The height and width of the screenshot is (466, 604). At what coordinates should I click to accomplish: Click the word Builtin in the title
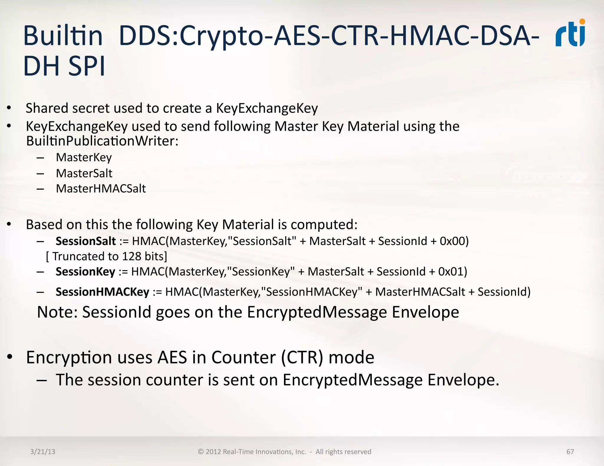[63, 36]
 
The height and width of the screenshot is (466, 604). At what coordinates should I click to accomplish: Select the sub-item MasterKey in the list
[84, 157]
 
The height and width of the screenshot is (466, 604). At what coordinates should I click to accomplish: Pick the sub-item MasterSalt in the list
[84, 173]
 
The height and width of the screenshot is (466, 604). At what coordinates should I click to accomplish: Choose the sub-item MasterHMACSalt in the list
[101, 189]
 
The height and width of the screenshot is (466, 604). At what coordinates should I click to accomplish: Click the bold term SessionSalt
[86, 241]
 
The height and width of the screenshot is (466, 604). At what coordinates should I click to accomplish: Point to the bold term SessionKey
[85, 272]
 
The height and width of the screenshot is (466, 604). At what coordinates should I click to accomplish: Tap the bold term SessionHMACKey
[102, 292]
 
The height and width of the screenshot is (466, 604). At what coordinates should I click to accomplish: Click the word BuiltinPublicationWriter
[102, 141]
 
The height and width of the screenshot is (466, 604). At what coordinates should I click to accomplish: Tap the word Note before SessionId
[57, 312]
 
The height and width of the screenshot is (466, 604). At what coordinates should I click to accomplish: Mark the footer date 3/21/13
[42, 452]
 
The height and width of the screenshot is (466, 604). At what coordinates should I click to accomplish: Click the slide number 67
[570, 452]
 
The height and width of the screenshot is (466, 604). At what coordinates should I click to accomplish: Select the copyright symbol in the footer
[201, 452]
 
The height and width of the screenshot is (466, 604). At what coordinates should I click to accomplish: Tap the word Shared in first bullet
[47, 108]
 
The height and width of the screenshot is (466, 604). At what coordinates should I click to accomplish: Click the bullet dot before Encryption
[10, 357]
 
